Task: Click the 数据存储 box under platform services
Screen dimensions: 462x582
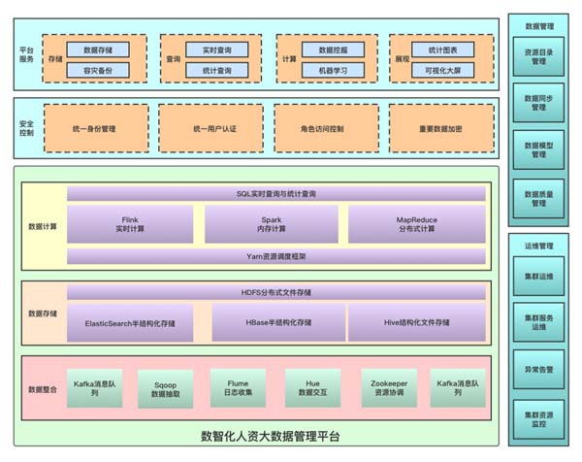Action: coord(98,49)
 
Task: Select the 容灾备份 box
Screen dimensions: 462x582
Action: coord(98,70)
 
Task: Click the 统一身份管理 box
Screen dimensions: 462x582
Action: coord(95,128)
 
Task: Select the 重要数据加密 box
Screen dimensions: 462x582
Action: coord(441,128)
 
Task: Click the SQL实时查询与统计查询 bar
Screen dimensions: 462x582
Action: coord(275,193)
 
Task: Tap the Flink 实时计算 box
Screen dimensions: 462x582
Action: coord(130,224)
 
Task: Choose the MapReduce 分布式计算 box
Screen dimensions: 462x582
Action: coord(415,224)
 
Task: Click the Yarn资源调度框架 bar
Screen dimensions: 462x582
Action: coord(275,257)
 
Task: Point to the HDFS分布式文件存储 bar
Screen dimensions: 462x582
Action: coord(275,292)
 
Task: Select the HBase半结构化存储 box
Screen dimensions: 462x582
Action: coord(275,322)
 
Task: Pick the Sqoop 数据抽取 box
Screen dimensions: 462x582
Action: coord(166,388)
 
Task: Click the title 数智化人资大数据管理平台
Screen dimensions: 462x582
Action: coord(270,436)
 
